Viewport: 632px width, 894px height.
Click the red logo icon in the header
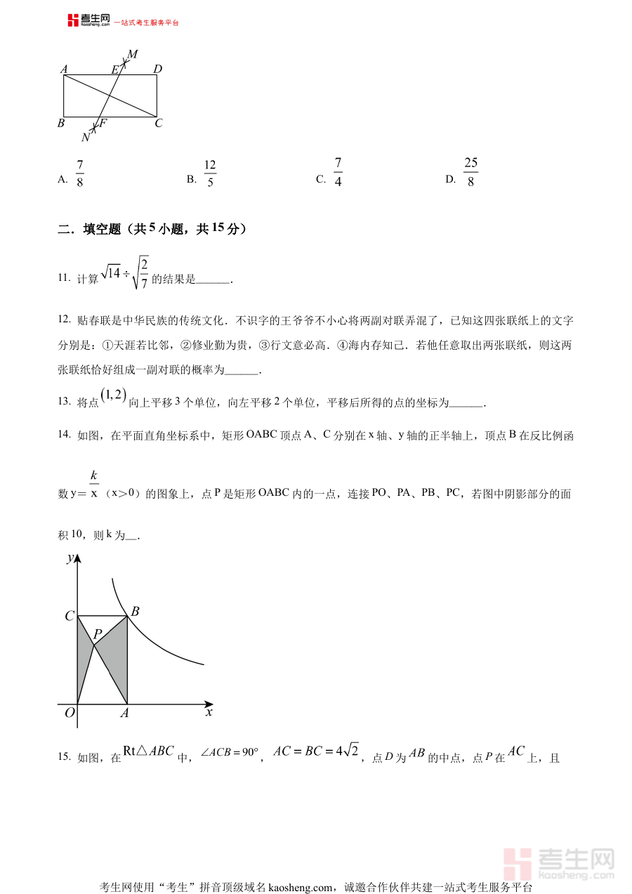point(73,20)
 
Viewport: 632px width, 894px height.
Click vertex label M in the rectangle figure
point(132,54)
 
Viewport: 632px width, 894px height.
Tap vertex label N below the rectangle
point(86,137)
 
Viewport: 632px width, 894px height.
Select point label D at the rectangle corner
point(158,69)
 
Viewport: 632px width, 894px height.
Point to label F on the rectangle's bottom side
point(103,124)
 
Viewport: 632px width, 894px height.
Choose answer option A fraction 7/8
point(79,173)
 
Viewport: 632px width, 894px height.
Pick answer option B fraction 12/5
point(210,173)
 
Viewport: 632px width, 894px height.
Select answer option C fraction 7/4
point(338,173)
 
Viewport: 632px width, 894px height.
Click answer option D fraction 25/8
point(470,173)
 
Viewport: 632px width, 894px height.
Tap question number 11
point(64,278)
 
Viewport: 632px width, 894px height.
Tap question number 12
point(64,320)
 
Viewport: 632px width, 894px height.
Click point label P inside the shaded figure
point(98,634)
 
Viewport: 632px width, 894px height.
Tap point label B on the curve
point(136,612)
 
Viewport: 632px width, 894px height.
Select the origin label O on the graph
point(69,713)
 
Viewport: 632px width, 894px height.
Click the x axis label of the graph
point(209,712)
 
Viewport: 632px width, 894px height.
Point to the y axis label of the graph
point(70,558)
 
